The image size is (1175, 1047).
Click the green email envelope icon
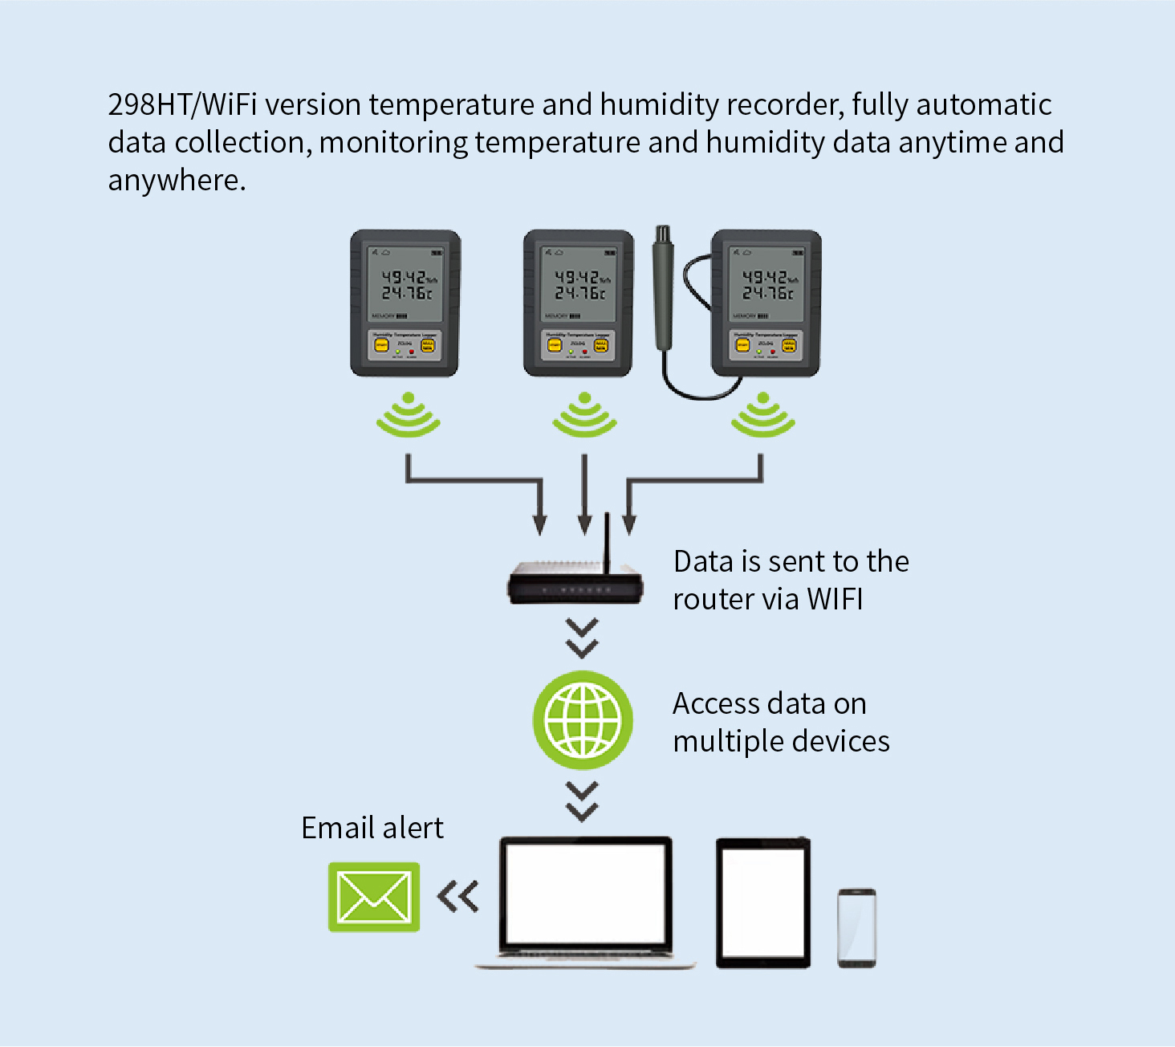pyautogui.click(x=374, y=897)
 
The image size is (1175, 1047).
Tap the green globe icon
pyautogui.click(x=583, y=720)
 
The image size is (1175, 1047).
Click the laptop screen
pyautogui.click(x=585, y=892)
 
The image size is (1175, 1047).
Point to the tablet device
pyautogui.click(x=762, y=902)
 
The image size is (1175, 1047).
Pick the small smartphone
pyautogui.click(x=856, y=927)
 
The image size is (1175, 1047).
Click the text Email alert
pyautogui.click(x=372, y=828)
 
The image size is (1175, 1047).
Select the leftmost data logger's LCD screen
pyautogui.click(x=405, y=283)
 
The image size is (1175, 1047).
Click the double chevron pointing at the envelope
pyautogui.click(x=458, y=897)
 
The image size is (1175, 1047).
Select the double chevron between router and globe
pyautogui.click(x=582, y=638)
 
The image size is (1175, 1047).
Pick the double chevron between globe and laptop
pyautogui.click(x=582, y=801)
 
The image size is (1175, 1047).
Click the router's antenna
pyautogui.click(x=608, y=542)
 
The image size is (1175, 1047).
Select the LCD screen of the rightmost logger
pyautogui.click(x=766, y=283)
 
